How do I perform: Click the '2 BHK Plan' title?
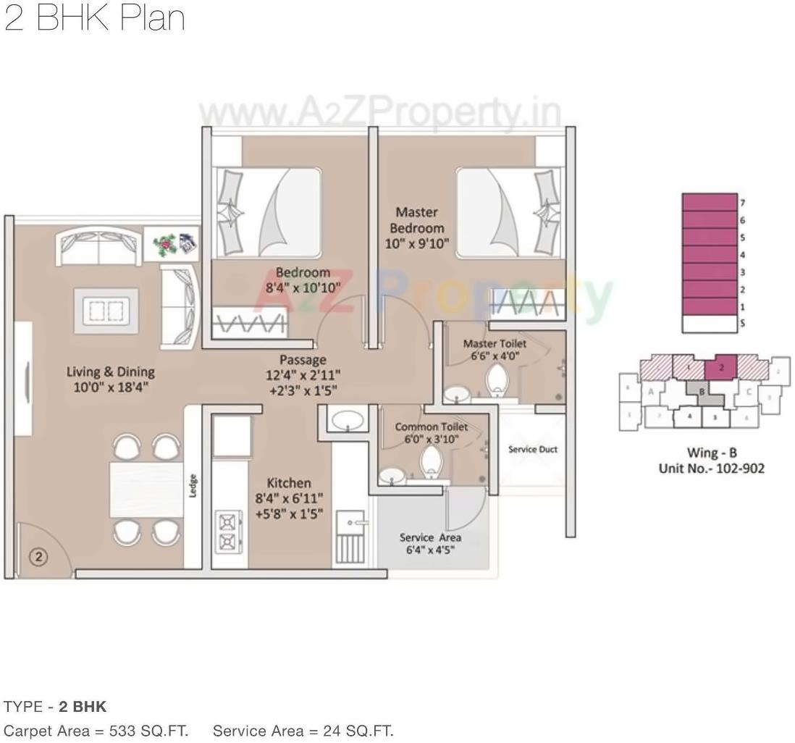[94, 17]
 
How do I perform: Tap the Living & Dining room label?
[110, 371]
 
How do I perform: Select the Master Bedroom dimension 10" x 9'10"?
[416, 244]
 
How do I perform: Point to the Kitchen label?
[289, 483]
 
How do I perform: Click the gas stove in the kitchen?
[228, 532]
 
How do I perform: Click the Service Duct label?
[532, 449]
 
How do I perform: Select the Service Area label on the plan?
[430, 537]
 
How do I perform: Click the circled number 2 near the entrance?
[38, 556]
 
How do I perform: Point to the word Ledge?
[193, 485]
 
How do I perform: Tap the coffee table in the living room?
[106, 311]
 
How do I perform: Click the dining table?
[146, 490]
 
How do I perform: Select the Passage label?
[303, 360]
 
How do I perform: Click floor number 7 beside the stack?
[742, 203]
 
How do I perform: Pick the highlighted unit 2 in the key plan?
[721, 367]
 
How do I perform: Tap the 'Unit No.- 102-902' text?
[711, 469]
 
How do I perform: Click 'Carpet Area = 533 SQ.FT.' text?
[96, 731]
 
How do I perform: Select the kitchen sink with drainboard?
[352, 536]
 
